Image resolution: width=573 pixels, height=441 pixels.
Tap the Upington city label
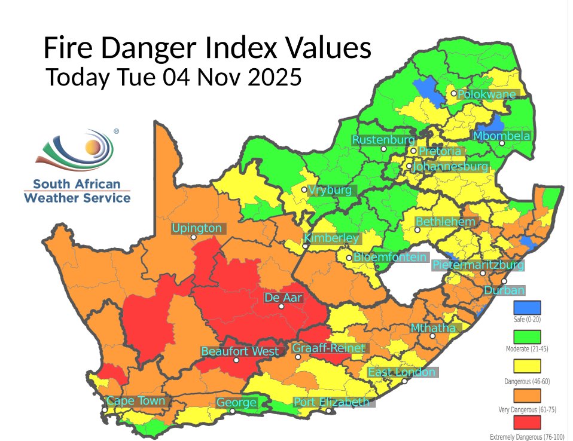(x=197, y=228)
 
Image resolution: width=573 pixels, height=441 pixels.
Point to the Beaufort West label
(x=240, y=351)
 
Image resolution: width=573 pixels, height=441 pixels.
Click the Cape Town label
(x=136, y=401)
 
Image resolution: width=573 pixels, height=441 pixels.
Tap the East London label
(x=401, y=372)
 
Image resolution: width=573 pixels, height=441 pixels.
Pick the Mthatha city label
(x=433, y=328)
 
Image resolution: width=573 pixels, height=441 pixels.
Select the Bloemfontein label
(x=390, y=258)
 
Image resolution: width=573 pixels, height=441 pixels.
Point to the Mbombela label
(x=501, y=136)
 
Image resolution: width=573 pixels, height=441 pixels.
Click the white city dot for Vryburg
(x=304, y=190)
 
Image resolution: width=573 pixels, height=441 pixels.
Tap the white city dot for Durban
(x=504, y=281)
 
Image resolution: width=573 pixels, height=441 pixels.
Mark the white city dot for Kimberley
(x=306, y=246)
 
